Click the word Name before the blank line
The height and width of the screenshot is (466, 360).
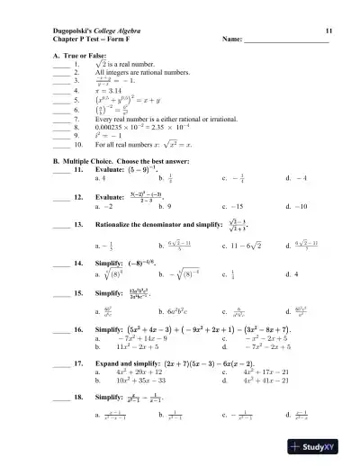pos(232,40)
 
